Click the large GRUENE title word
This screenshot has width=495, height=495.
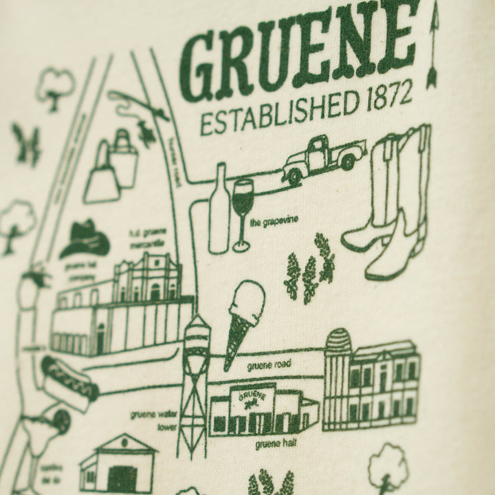299,55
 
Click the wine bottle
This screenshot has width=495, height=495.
218,209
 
